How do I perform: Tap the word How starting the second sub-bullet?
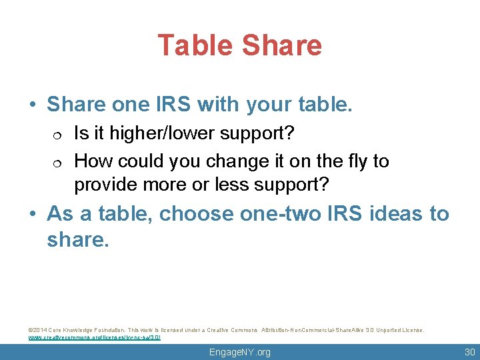point(91,161)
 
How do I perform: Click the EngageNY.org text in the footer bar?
point(239,352)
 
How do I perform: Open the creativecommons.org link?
point(94,337)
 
